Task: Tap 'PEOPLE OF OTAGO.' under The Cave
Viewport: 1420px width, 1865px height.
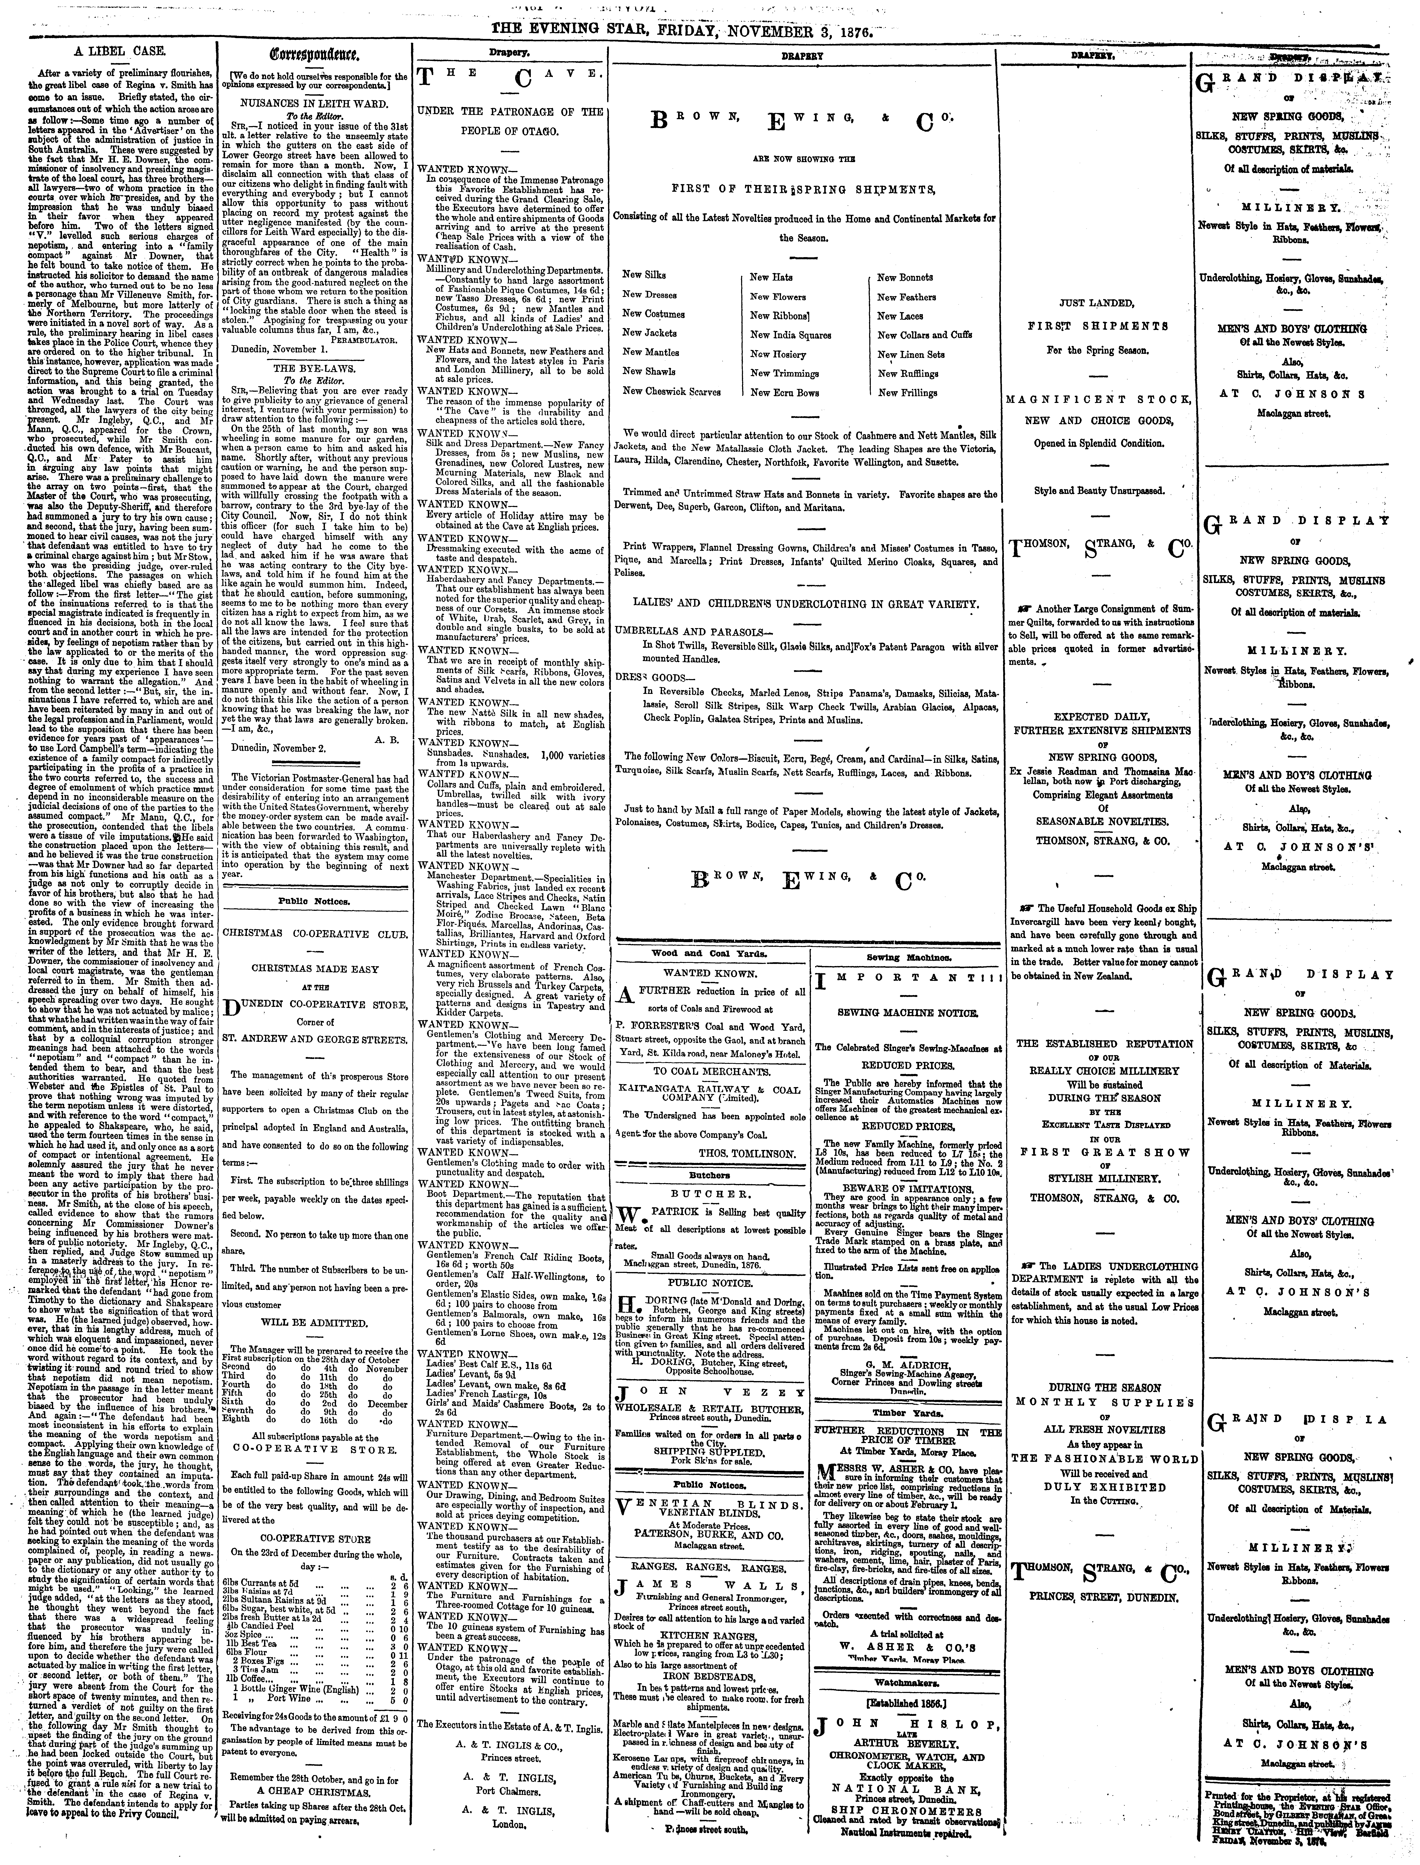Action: (x=510, y=132)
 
